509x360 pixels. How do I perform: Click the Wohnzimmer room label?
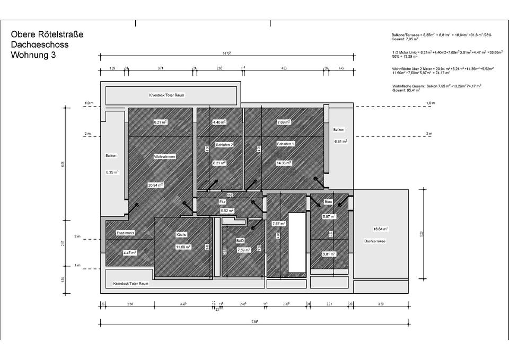click(164, 156)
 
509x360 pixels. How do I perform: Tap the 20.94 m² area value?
click(156, 185)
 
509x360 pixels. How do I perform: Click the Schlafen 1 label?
click(285, 144)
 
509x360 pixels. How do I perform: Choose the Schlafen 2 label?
click(224, 144)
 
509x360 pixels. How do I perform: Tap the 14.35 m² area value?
click(284, 163)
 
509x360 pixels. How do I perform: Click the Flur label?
click(223, 202)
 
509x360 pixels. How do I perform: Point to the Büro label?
click(329, 203)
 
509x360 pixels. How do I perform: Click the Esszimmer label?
click(125, 233)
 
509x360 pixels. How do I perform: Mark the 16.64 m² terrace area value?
click(380, 229)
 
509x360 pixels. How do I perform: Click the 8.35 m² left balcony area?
click(111, 172)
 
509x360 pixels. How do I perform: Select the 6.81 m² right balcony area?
click(340, 142)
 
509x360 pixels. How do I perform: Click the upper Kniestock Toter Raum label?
click(166, 95)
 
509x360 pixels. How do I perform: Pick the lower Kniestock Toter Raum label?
click(131, 284)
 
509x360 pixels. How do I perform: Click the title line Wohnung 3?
click(33, 55)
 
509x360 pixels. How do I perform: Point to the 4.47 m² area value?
click(129, 253)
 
